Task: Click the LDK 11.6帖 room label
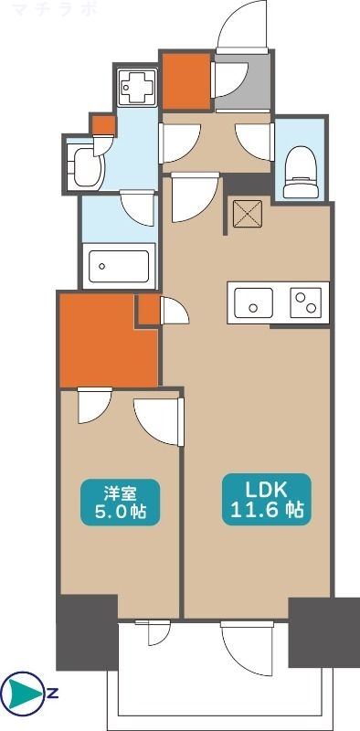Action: pyautogui.click(x=264, y=498)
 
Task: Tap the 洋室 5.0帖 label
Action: pyautogui.click(x=120, y=502)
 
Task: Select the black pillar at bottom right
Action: pyautogui.click(x=324, y=632)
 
